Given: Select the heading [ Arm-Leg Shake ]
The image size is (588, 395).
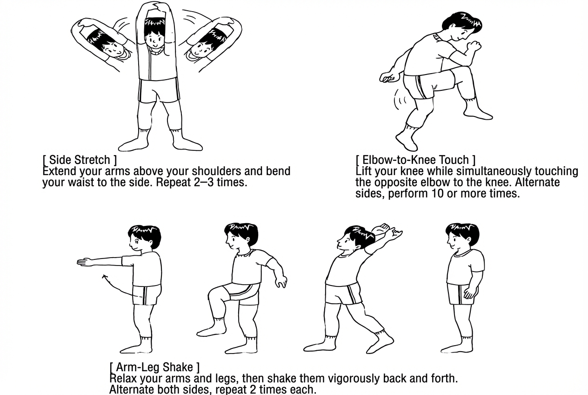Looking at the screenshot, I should coord(154,367).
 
